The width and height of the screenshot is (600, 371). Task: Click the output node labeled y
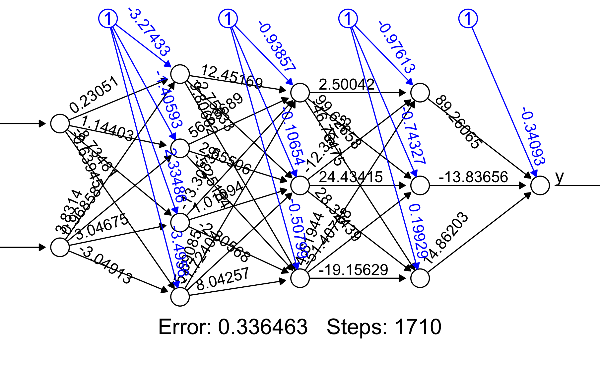point(540,185)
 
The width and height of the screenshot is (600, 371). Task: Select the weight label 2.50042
point(347,85)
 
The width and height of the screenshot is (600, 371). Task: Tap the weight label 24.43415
point(351,177)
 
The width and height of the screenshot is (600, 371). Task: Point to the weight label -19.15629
point(353,270)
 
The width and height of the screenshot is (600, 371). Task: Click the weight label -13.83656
point(473,177)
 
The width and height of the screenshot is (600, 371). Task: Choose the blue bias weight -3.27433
point(149,32)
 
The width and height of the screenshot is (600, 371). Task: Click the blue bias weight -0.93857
point(277,46)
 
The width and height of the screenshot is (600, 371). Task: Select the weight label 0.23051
point(94,94)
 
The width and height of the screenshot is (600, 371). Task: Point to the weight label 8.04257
point(223,279)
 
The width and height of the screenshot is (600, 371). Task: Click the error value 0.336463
point(263,327)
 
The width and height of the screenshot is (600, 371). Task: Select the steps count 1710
point(418,327)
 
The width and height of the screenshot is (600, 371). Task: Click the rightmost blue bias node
point(468,18)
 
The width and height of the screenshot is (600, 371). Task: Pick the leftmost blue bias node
point(108,18)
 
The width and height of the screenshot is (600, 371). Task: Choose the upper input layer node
point(60,123)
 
